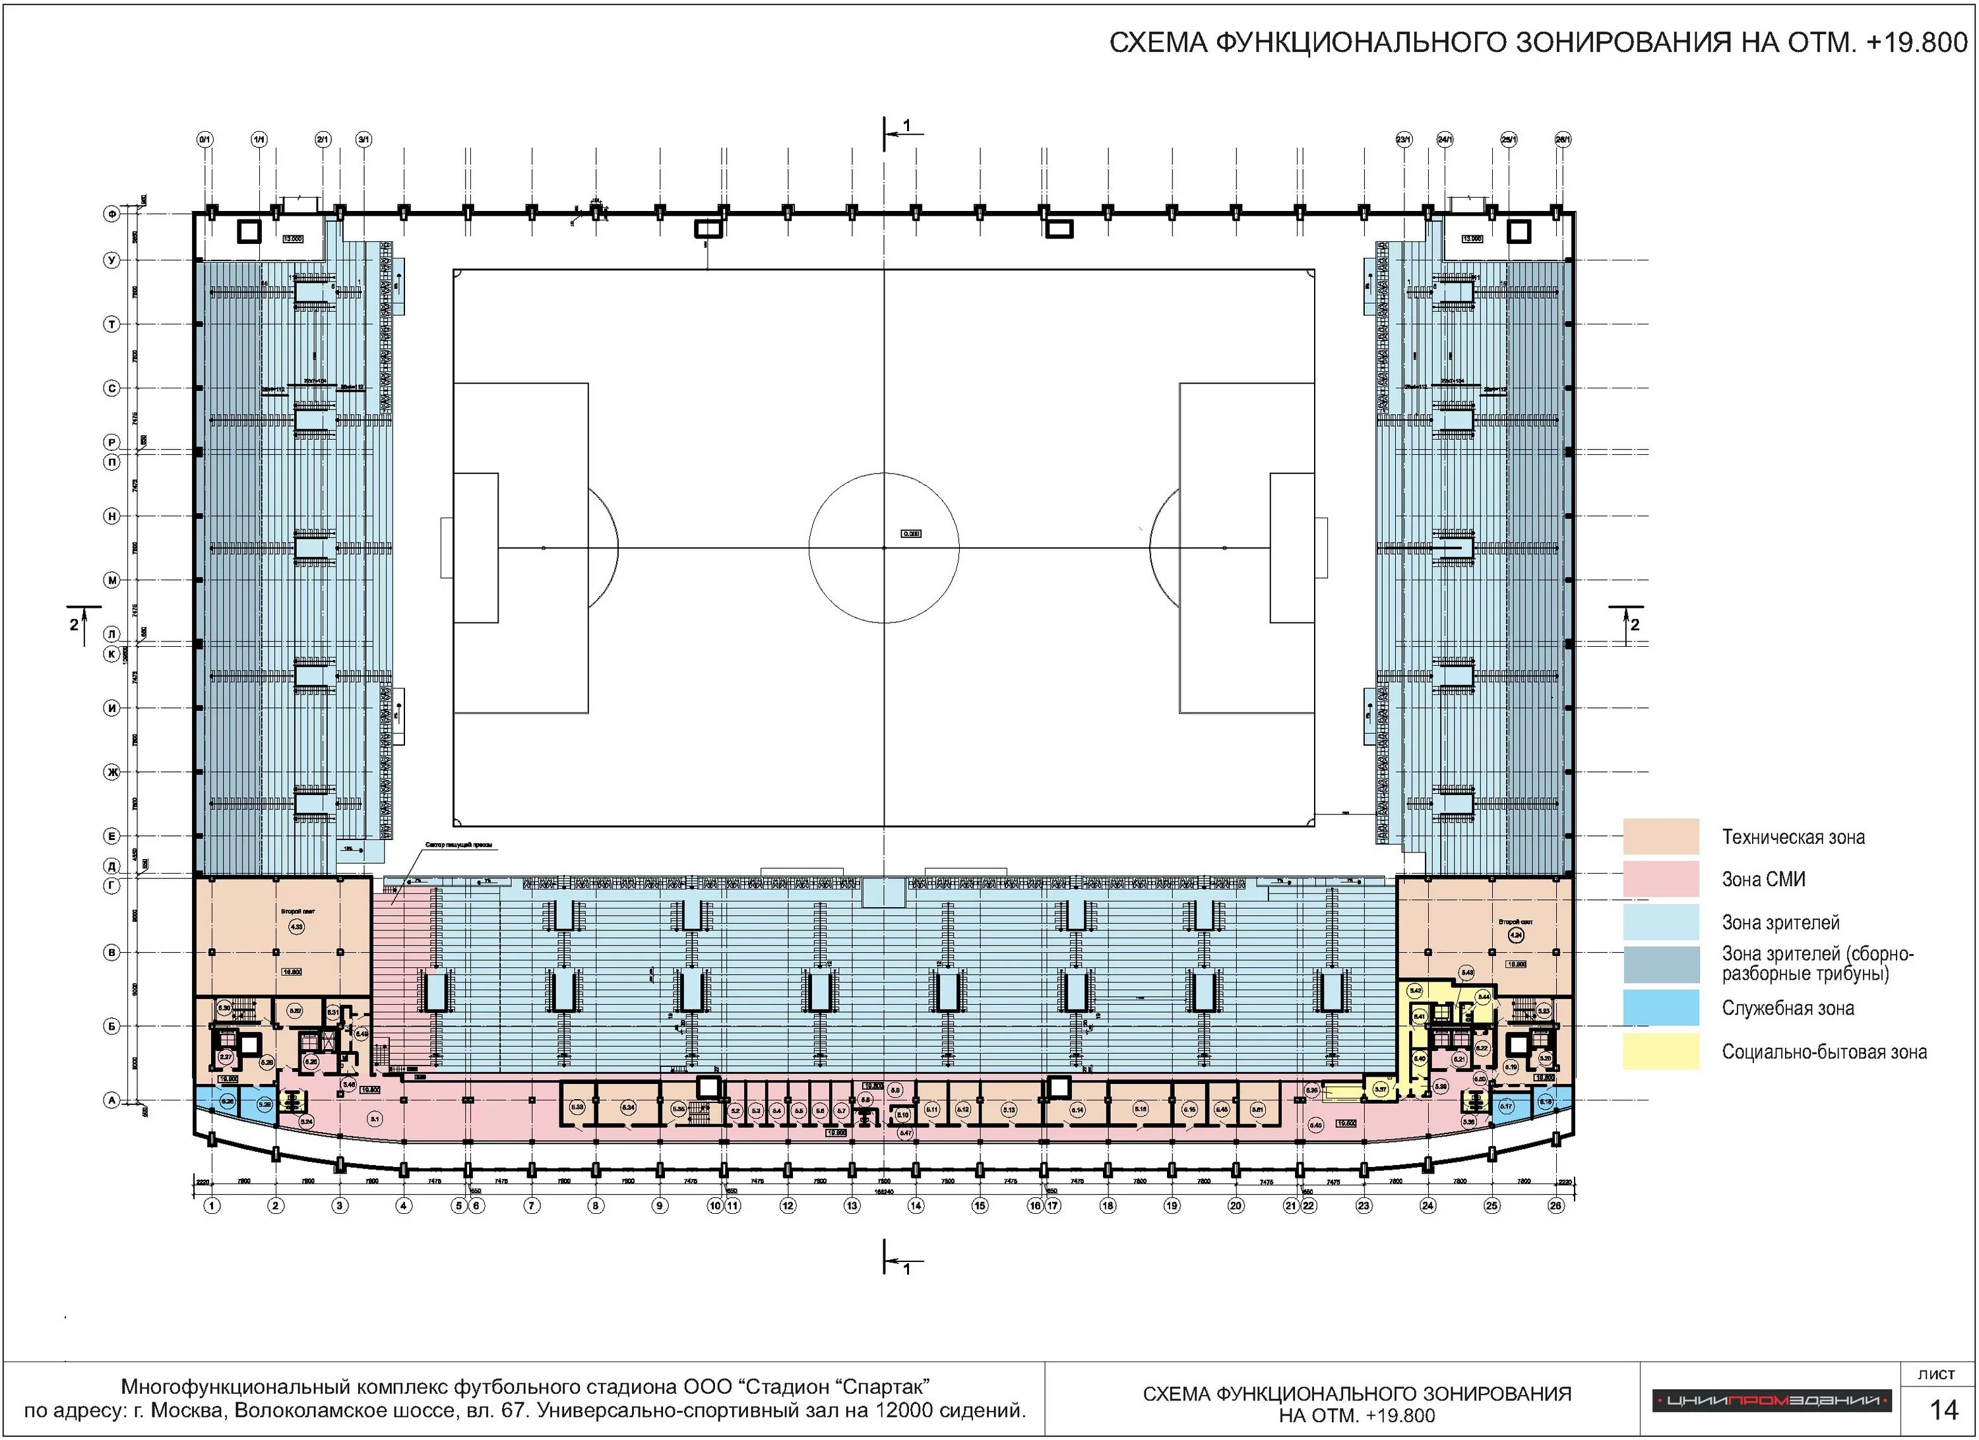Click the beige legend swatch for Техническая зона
pyautogui.click(x=1660, y=835)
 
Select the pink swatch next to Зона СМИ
pyautogui.click(x=1660, y=878)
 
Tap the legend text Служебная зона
pyautogui.click(x=1787, y=1008)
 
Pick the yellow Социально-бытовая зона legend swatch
pyautogui.click(x=1660, y=1051)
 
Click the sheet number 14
pyautogui.click(x=1943, y=1410)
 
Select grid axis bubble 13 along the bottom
pyautogui.click(x=852, y=1205)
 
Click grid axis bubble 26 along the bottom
pyautogui.click(x=1555, y=1205)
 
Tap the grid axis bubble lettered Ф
pyautogui.click(x=111, y=213)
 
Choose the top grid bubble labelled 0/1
pyautogui.click(x=205, y=138)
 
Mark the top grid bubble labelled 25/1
pyautogui.click(x=1509, y=138)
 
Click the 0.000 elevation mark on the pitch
pyautogui.click(x=910, y=533)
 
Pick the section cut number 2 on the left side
pyautogui.click(x=74, y=624)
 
